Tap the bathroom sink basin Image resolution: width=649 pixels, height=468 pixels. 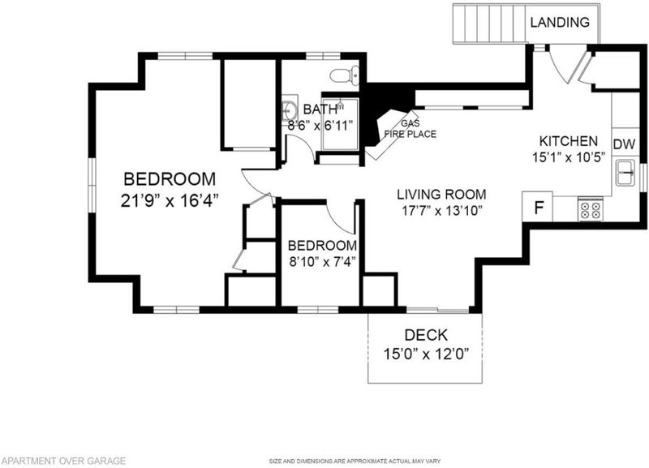coord(290,110)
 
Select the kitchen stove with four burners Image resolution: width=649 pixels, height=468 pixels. coord(591,208)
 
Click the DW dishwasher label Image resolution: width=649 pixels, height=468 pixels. coord(624,144)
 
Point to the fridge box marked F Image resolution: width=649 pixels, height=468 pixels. coord(538,207)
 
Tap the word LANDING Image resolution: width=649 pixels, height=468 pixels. coord(560,22)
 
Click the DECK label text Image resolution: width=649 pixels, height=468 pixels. coord(426,335)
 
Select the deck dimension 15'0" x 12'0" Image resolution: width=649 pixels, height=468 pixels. coord(426,354)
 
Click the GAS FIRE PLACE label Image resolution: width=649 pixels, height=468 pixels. coord(410,129)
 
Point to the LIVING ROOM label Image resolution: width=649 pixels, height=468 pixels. coord(441,194)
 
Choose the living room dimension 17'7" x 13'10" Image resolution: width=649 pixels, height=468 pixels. coord(442,211)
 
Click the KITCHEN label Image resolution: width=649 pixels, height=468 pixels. coord(569,141)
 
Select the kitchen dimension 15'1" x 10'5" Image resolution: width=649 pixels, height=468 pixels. coord(569,157)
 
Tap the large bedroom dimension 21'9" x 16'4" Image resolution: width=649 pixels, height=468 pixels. coord(170,200)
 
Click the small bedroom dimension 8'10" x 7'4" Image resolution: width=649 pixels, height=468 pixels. coord(322,262)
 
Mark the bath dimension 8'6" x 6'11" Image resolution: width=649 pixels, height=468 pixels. coord(320,125)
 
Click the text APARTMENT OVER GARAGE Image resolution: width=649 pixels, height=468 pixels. coord(63,461)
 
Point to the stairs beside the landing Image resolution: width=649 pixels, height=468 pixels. coord(491,24)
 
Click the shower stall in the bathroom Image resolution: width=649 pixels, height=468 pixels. coord(340,125)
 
